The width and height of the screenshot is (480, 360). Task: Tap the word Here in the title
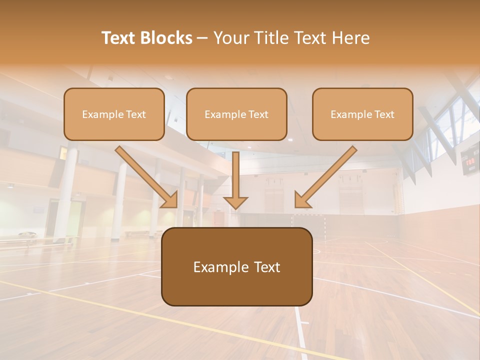tap(349, 38)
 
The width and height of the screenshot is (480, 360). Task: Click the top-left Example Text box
tap(114, 114)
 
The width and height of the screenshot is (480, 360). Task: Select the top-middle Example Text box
tap(236, 114)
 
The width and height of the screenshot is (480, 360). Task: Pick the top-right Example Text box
tap(362, 114)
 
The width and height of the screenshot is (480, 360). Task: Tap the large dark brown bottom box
tap(236, 267)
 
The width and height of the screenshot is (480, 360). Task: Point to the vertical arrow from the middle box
tap(235, 175)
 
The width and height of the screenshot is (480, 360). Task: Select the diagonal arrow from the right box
tap(328, 174)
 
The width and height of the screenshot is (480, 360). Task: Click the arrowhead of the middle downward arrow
tap(235, 201)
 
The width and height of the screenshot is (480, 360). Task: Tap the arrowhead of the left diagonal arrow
tap(170, 200)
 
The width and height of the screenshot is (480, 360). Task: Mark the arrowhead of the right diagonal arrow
tap(301, 200)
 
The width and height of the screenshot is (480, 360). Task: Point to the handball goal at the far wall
tap(308, 224)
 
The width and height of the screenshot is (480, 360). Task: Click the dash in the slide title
tap(202, 38)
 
